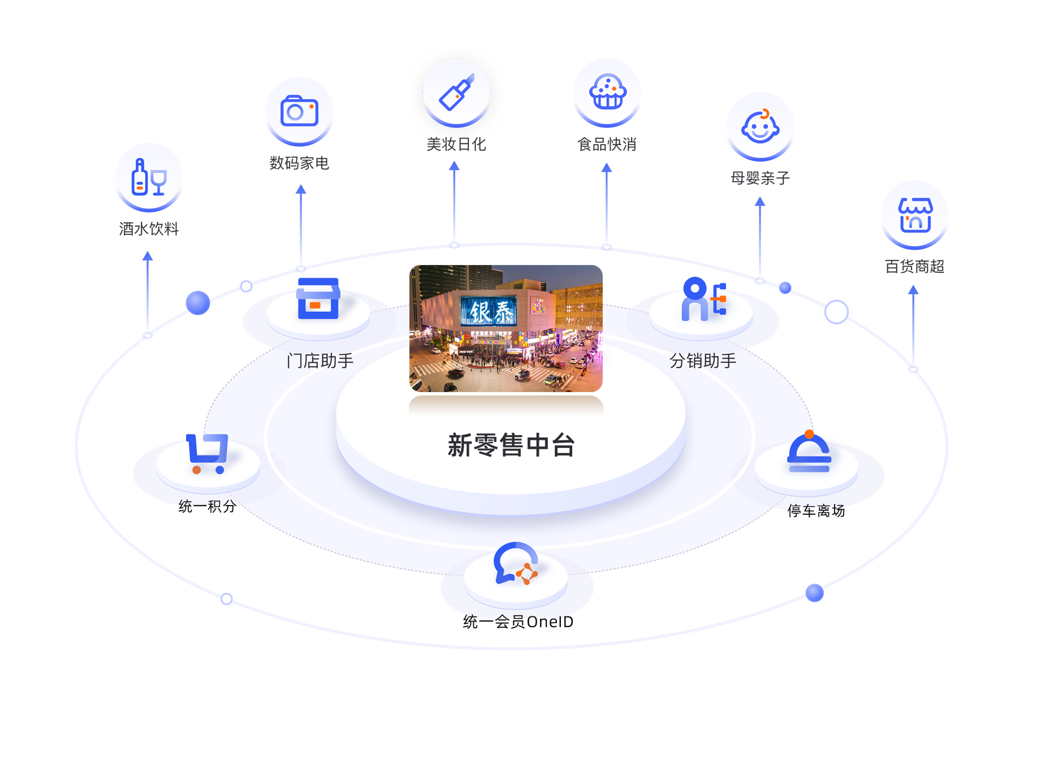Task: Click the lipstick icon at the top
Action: [456, 92]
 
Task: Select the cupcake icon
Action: [607, 92]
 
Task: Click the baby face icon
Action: [760, 127]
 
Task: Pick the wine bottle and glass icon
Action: [149, 177]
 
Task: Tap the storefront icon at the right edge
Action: [915, 215]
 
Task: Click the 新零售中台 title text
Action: [511, 445]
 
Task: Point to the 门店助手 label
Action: [320, 360]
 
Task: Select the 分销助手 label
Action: [703, 360]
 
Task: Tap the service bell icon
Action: [809, 453]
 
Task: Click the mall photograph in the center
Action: [506, 328]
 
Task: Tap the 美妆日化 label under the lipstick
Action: [456, 142]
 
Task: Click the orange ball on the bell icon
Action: [809, 434]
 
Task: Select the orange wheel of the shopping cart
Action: [196, 470]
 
